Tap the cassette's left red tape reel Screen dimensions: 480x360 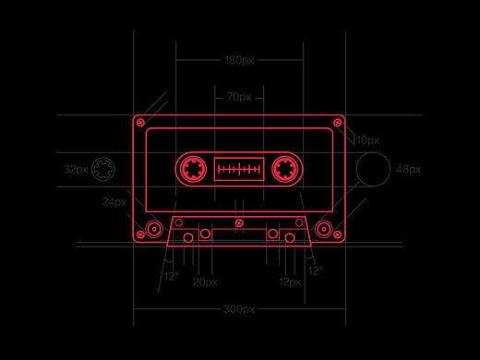click(193, 169)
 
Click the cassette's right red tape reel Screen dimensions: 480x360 click(285, 169)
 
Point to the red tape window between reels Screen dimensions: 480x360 click(239, 169)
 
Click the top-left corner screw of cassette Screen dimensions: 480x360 click(140, 123)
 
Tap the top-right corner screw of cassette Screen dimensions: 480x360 click(338, 123)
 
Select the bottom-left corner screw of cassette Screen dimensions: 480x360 click(140, 234)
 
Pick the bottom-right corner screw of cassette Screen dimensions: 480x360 click(338, 234)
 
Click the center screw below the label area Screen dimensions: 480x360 click(239, 223)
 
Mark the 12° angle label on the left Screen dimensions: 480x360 click(172, 276)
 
